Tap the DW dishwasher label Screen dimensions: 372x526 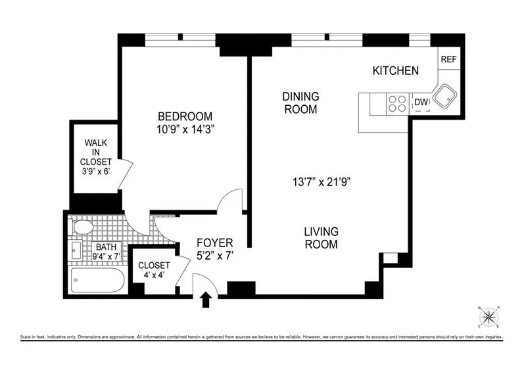point(421,102)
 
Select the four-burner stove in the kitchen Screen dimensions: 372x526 point(397,103)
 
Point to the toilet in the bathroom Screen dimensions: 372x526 point(82,227)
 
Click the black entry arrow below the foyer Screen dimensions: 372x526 point(205,300)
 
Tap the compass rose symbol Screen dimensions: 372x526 point(488,317)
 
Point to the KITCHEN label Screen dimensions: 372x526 point(395,70)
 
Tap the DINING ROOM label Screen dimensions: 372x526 point(300,103)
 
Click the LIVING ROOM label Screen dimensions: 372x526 point(321,238)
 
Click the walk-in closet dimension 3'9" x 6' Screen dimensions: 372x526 point(96,172)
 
